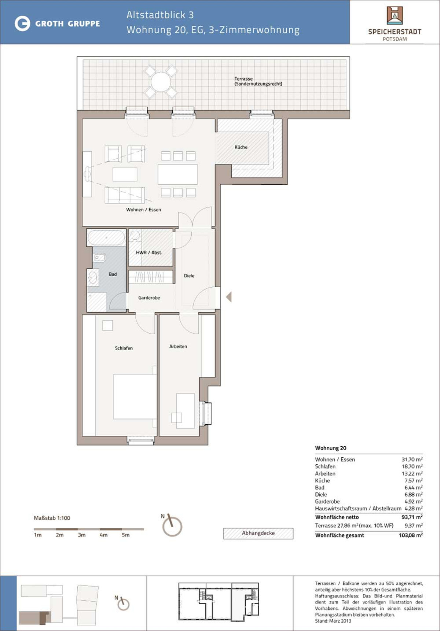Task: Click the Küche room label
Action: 241,147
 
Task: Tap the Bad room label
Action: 113,274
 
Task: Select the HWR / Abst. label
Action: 149,252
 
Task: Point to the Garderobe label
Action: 149,298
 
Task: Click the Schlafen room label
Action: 124,348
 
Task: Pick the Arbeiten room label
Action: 178,346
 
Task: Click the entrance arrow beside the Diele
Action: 229,297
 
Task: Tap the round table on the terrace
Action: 161,82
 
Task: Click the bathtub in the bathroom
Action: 106,237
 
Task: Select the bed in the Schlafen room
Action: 135,396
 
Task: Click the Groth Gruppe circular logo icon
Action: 22,23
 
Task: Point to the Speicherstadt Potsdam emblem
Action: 395,15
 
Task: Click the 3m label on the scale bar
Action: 81,535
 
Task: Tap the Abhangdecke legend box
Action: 258,533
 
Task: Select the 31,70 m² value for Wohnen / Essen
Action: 412,459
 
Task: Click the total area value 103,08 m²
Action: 411,535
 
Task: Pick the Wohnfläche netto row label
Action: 337,517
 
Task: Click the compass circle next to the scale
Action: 172,527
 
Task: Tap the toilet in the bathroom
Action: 99,258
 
